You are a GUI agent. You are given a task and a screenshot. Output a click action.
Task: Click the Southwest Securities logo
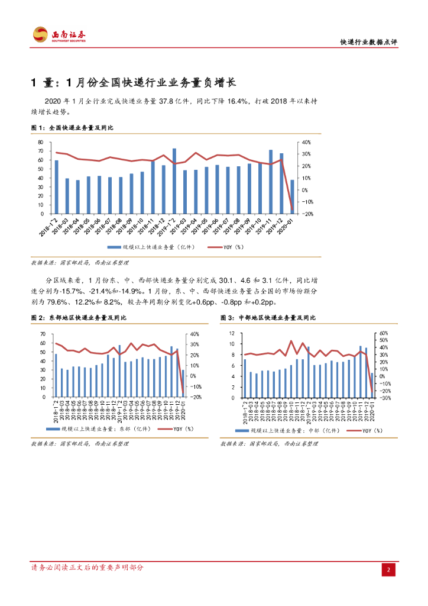pyautogui.click(x=59, y=35)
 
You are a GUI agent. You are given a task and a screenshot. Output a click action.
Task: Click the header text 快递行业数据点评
pyautogui.click(x=368, y=42)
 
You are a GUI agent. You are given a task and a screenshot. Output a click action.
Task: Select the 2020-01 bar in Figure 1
pyautogui.click(x=292, y=196)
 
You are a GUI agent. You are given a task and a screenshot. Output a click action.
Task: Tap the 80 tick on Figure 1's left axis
pyautogui.click(x=40, y=143)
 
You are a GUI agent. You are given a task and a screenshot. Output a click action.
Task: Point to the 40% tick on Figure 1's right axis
pyautogui.click(x=306, y=143)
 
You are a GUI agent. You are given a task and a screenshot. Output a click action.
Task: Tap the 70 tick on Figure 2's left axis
pyautogui.click(x=43, y=334)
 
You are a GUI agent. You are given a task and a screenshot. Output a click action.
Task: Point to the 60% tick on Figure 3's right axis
pyautogui.click(x=382, y=333)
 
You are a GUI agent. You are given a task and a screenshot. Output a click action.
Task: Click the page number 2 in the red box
pyautogui.click(x=388, y=570)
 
